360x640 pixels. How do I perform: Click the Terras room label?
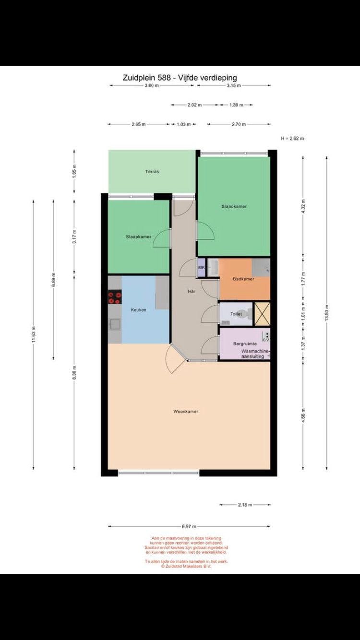152,172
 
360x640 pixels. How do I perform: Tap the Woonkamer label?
186,412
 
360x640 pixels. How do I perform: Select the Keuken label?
138,310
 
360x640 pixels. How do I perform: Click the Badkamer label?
243,279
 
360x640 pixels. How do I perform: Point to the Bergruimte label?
245,344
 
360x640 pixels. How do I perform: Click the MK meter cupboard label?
201,268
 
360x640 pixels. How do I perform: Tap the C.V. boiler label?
266,340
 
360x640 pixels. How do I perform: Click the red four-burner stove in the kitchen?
115,298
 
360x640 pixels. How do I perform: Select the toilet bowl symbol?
244,314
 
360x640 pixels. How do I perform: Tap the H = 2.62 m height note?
292,138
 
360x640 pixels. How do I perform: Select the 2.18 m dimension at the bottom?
245,505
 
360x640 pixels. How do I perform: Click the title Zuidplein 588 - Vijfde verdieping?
180,78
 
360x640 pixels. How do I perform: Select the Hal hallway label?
191,291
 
